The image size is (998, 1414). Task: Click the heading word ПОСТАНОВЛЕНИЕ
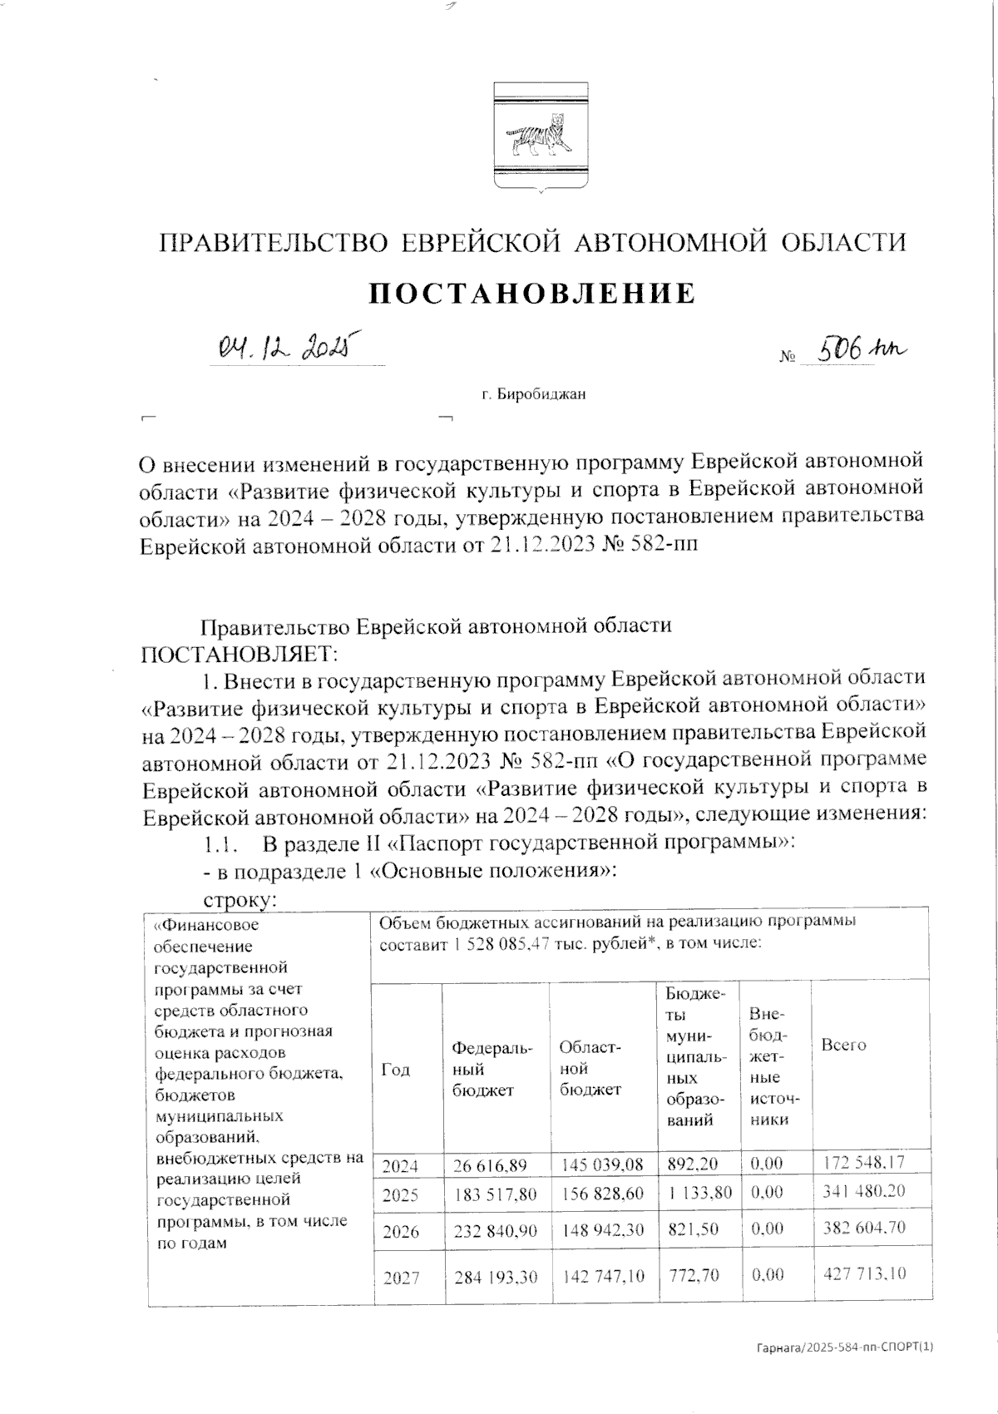532,294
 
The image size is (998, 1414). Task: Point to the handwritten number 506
839,350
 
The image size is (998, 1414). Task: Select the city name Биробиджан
533,394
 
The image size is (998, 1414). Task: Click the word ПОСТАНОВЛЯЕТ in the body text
236,650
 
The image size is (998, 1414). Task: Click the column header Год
396,1070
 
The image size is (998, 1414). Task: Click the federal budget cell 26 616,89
490,1167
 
